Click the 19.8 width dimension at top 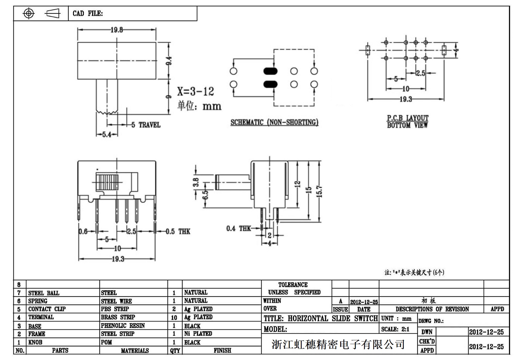[x=117, y=30]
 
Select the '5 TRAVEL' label [x=146, y=125]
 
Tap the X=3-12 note [x=195, y=91]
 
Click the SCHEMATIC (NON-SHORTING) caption [x=274, y=122]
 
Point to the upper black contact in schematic [x=270, y=71]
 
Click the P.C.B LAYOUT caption [x=408, y=118]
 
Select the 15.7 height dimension [x=320, y=191]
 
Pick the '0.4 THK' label [x=238, y=229]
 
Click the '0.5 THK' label [x=178, y=231]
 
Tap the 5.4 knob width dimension [x=107, y=135]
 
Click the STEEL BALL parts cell [x=44, y=293]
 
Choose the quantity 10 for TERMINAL [x=174, y=318]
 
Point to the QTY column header [x=175, y=351]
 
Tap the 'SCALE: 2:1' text [x=395, y=329]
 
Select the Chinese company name [x=338, y=344]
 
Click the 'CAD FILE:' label [x=88, y=14]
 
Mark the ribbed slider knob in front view [x=107, y=182]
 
